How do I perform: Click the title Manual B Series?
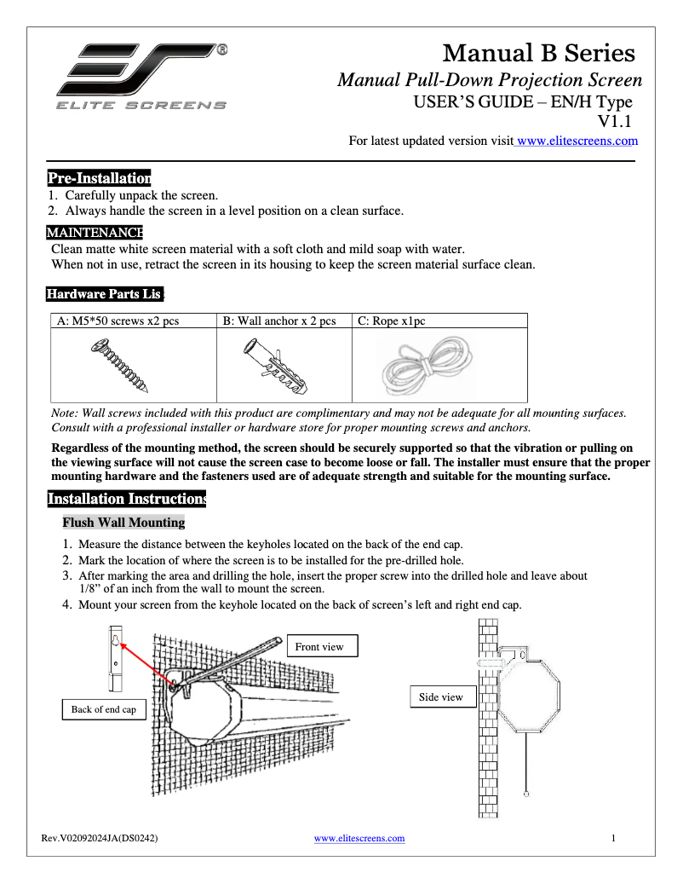539,53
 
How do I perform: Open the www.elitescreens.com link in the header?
577,141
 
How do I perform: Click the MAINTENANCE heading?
94,233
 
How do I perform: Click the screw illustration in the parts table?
123,364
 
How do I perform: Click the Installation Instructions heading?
126,499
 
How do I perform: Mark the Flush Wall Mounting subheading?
123,523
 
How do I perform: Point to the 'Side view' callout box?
441,697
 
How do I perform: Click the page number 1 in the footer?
614,838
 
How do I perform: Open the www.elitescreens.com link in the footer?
359,838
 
